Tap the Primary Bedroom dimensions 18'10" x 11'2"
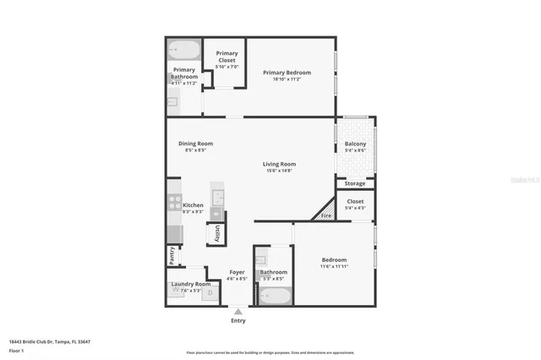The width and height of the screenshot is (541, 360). point(287,79)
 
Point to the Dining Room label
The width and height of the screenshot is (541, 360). point(195,144)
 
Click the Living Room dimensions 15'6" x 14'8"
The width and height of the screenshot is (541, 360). point(278,171)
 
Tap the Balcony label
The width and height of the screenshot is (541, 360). point(356,145)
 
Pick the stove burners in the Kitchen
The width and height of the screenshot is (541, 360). point(175,204)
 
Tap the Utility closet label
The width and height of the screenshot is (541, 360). point(217,234)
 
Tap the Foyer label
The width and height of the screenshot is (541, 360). point(238,272)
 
